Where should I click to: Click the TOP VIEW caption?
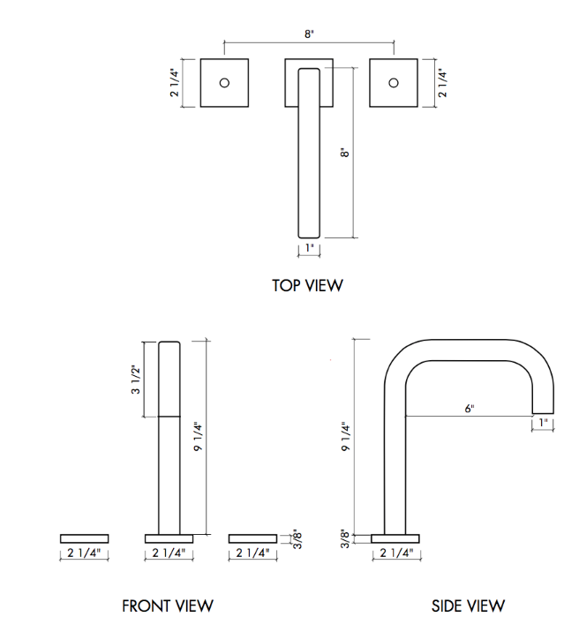click(307, 285)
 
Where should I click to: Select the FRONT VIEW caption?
click(168, 606)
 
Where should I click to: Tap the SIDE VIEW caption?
click(468, 606)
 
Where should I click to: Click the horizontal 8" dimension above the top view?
click(308, 34)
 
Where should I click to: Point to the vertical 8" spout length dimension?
click(346, 152)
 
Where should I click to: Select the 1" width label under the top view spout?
click(308, 249)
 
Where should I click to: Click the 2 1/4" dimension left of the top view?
click(175, 82)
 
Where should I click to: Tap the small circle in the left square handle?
click(224, 83)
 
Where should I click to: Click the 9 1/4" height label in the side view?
click(347, 437)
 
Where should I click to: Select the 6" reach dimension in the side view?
click(470, 408)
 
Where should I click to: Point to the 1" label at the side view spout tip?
click(545, 424)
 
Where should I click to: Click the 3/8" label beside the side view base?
click(347, 538)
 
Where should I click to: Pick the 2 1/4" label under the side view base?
click(395, 553)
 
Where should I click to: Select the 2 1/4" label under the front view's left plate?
click(85, 553)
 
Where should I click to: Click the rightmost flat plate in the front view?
click(252, 538)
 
